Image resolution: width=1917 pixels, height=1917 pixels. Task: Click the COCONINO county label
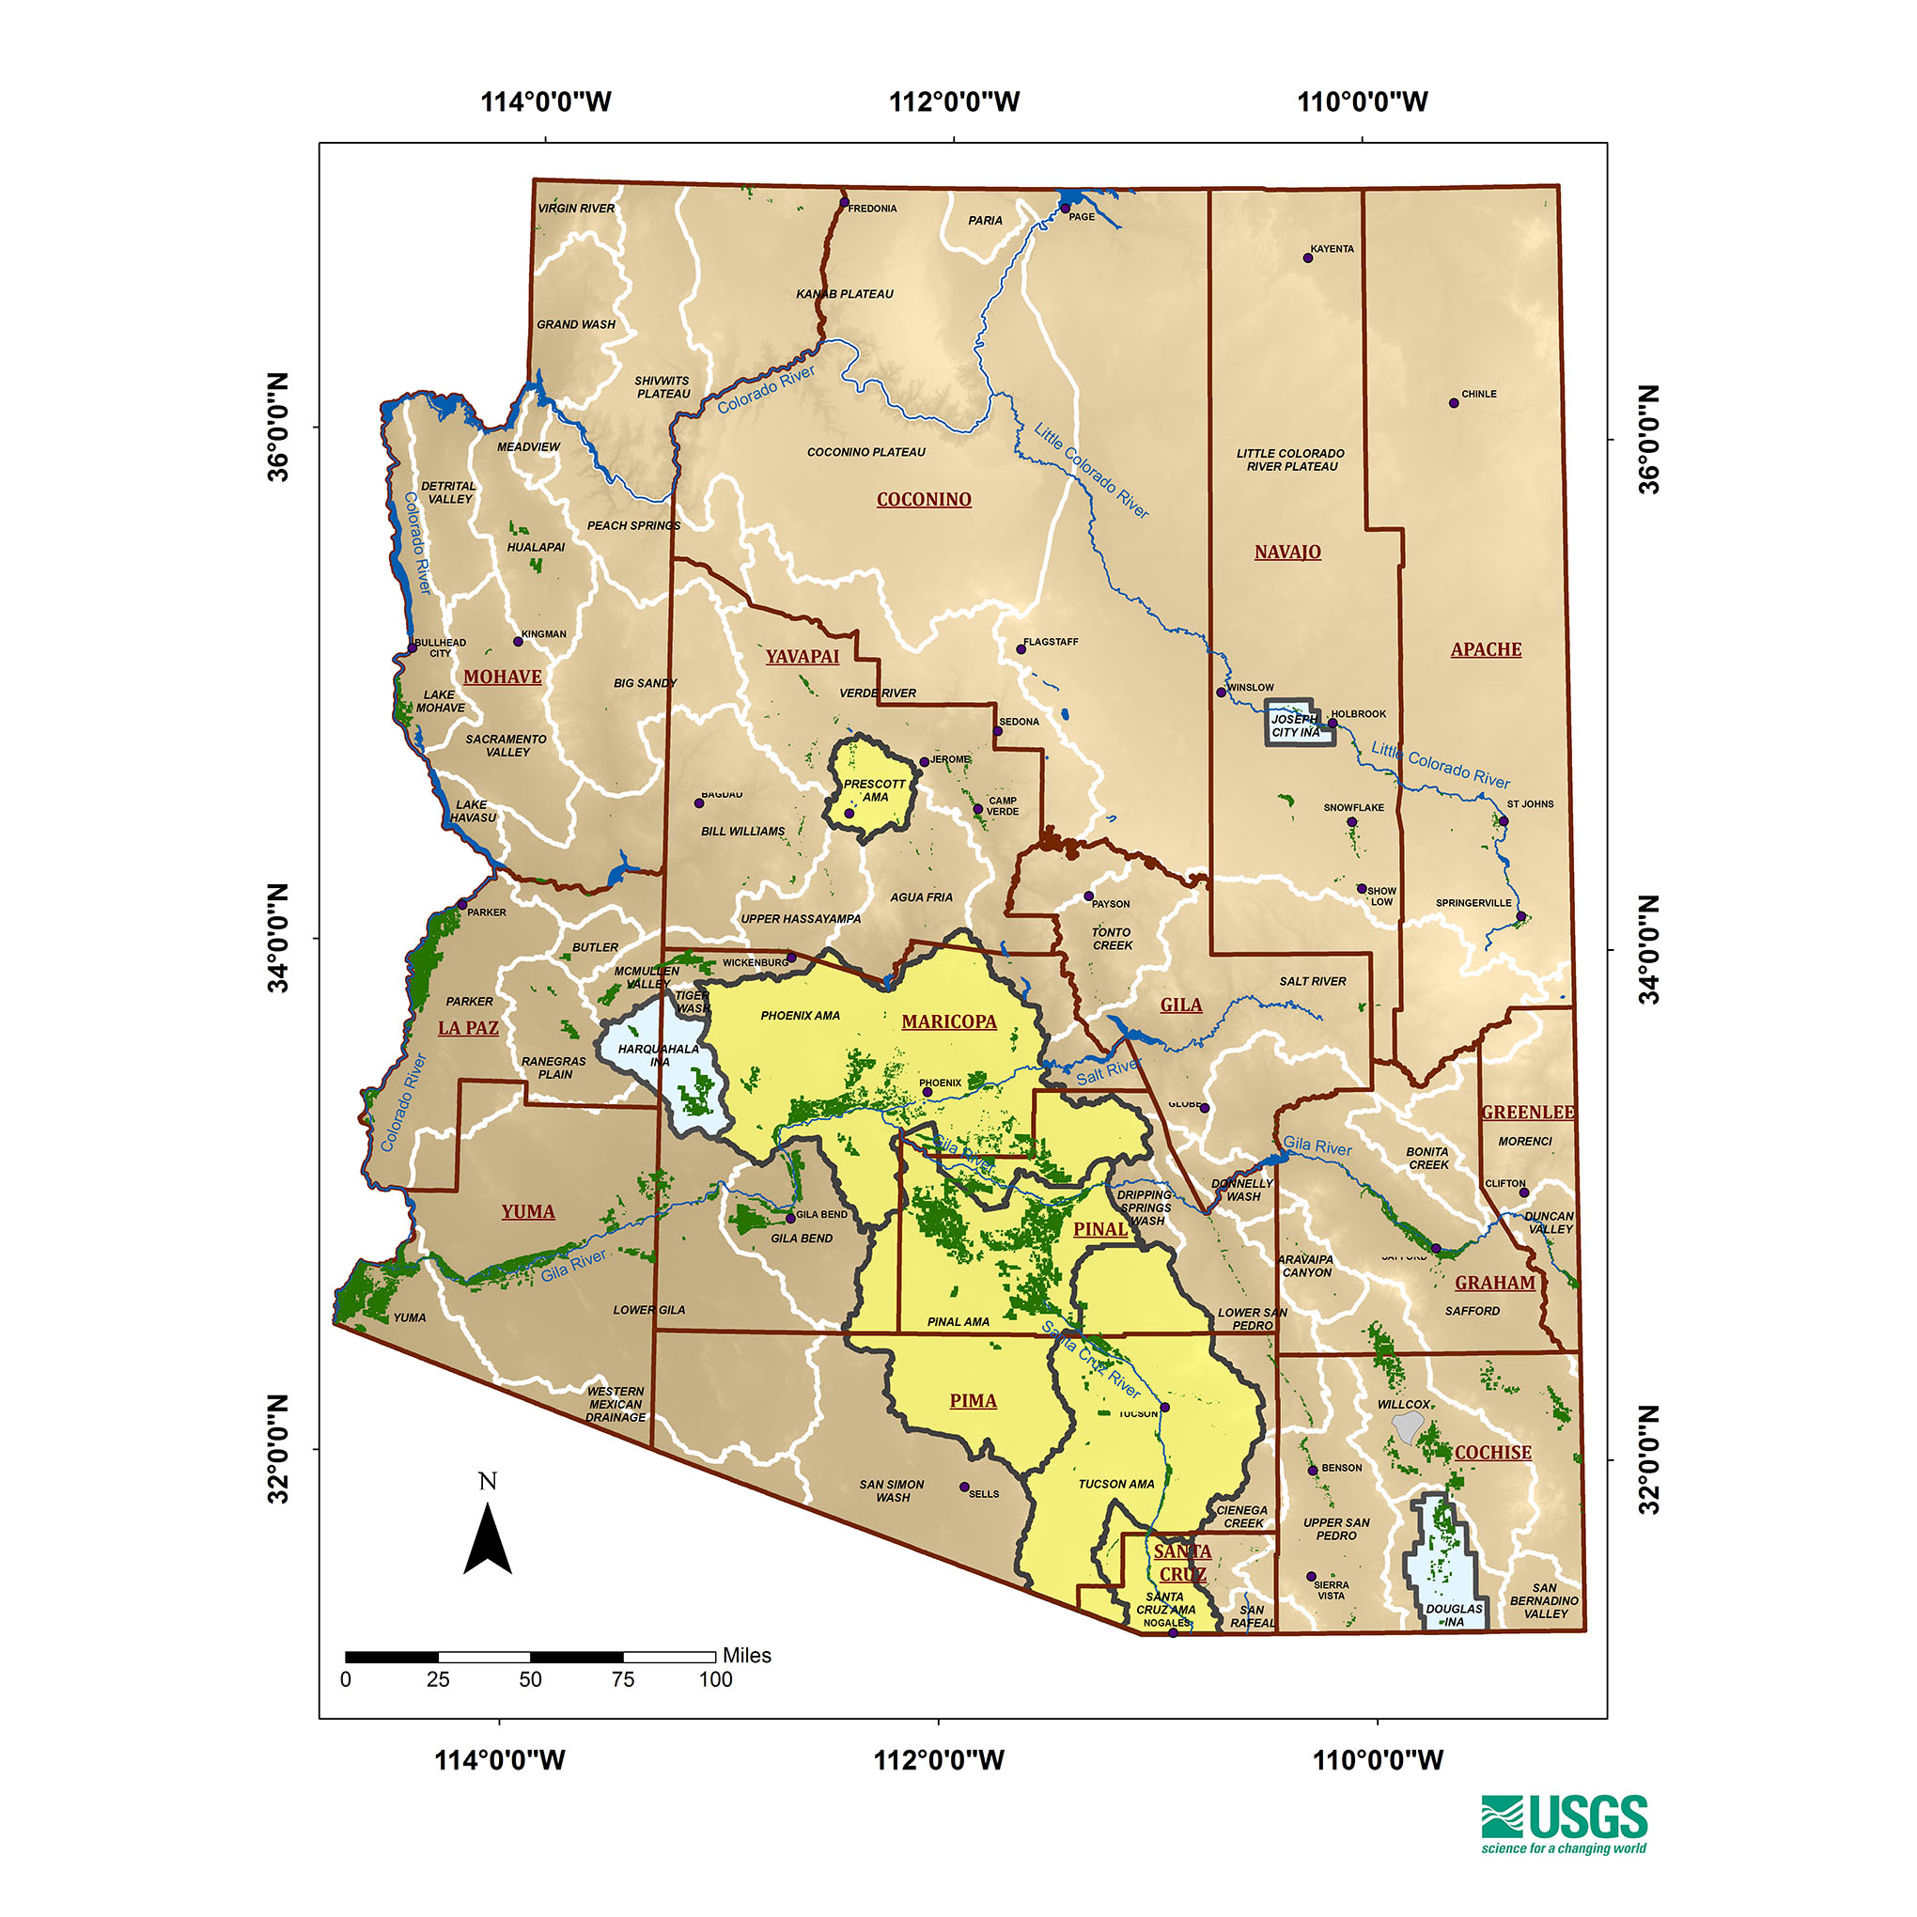coord(923,499)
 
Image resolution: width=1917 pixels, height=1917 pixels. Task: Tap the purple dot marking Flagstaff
coord(1020,649)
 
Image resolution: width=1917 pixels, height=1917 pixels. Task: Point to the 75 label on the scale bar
coord(622,1680)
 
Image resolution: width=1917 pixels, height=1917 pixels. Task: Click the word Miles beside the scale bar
coord(746,1655)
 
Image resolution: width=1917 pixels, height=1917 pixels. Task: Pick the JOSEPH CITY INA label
coord(1296,725)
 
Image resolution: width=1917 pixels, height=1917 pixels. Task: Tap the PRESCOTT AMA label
coord(874,789)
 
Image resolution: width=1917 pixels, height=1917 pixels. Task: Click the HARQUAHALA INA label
coord(659,1054)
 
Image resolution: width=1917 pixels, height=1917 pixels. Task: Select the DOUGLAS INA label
coord(1454,1615)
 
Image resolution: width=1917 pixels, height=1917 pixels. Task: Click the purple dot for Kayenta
coord(1308,258)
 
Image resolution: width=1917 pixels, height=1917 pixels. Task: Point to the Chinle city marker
coord(1454,403)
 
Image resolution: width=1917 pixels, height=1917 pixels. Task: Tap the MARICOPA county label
coord(948,1021)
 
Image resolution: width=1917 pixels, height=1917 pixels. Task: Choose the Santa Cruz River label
coord(1090,1360)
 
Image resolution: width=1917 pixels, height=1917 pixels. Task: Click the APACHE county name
coord(1486,649)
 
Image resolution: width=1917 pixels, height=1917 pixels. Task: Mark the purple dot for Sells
coord(963,1488)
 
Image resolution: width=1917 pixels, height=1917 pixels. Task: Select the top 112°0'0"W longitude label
coord(954,101)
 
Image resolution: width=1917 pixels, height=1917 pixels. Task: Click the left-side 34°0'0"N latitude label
coord(278,938)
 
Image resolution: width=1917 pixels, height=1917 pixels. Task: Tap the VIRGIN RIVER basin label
coord(575,209)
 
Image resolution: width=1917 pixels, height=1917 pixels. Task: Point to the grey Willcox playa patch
coord(1407,1426)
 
